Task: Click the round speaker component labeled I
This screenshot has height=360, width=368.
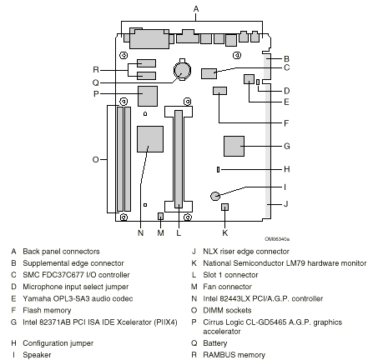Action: (215, 195)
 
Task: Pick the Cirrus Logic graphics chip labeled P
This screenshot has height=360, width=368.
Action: (149, 95)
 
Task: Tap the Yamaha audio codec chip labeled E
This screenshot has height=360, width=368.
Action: (249, 78)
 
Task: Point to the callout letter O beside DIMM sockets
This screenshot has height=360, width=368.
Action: (96, 158)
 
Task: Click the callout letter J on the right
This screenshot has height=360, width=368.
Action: (285, 202)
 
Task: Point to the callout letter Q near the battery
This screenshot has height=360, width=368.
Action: (96, 82)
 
